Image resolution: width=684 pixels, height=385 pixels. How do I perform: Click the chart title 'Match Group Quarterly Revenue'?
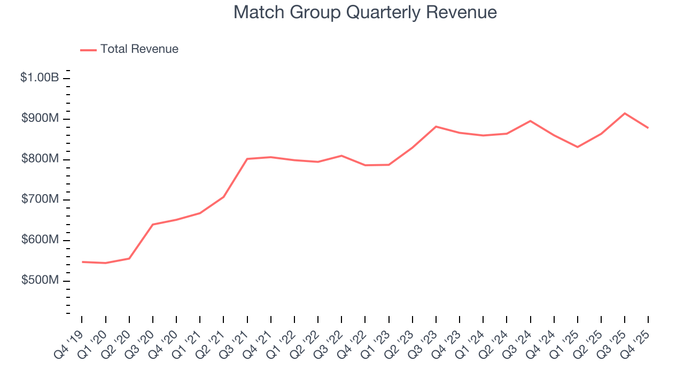pos(365,13)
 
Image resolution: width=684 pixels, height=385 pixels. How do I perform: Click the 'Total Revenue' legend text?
pos(139,49)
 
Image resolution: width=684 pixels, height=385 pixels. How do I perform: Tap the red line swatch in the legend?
pos(88,50)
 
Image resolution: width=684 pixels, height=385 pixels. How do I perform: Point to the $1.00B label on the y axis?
pos(40,78)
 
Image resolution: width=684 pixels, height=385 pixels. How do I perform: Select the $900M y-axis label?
pos(40,119)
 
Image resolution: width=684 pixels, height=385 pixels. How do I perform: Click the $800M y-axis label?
pos(40,159)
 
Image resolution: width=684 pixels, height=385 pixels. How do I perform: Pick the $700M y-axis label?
pos(40,200)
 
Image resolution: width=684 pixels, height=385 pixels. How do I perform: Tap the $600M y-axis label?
pos(40,241)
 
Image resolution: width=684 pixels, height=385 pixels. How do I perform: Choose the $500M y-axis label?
pos(40,281)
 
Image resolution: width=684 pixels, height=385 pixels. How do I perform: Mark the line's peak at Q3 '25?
pos(625,113)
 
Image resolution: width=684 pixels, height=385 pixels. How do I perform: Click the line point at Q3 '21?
pos(247,159)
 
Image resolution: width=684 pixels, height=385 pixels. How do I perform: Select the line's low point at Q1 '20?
pos(106,263)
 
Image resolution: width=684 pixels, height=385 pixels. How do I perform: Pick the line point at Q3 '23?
pos(436,127)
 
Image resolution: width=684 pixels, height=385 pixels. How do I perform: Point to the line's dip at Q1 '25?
pos(578,147)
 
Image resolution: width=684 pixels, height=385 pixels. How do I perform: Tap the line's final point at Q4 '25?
pos(648,128)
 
